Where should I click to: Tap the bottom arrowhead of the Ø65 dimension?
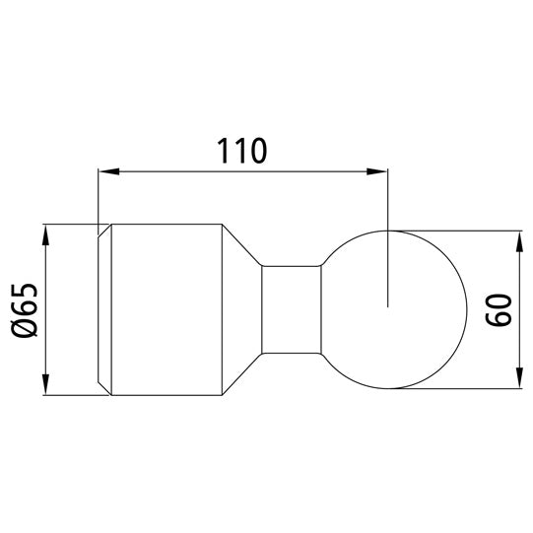click(x=45, y=388)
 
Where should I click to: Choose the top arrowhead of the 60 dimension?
click(x=518, y=239)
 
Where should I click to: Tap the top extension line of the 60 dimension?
click(x=463, y=232)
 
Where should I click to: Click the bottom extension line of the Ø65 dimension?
click(x=74, y=396)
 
